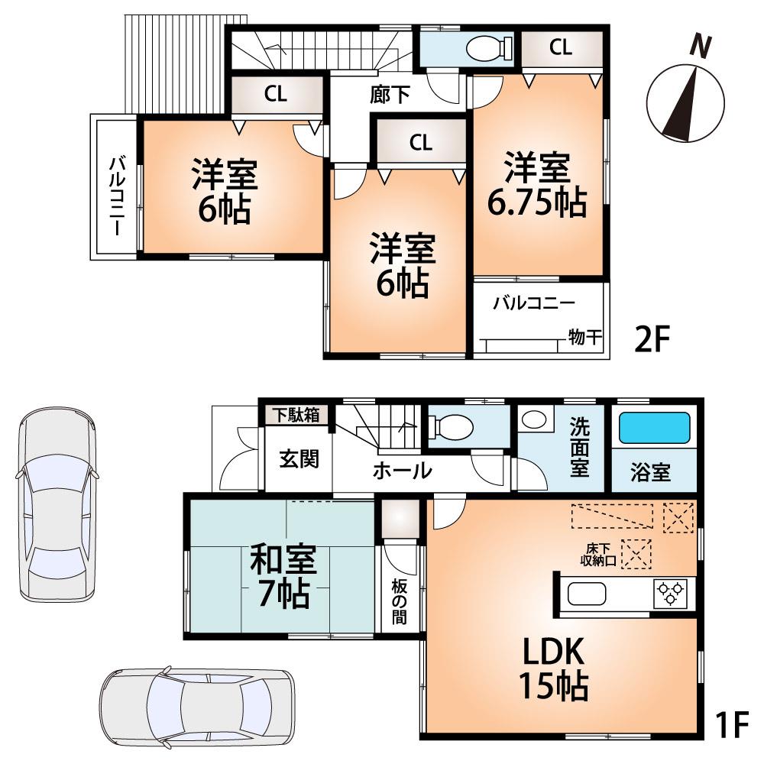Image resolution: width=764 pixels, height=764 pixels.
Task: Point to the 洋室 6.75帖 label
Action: tap(537, 185)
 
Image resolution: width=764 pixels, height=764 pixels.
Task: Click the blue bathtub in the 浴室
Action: tap(654, 429)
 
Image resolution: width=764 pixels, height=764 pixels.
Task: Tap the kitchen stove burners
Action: tap(671, 594)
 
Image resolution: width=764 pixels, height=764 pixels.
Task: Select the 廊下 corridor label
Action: tap(390, 95)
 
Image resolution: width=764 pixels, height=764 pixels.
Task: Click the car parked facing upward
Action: tap(57, 504)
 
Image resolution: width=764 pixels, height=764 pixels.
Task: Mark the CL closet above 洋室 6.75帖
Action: tap(560, 47)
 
